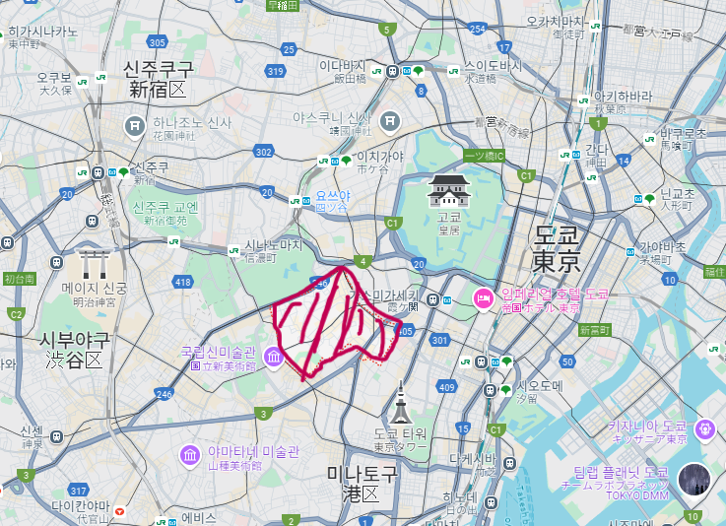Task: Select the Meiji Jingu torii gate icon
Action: click(x=96, y=264)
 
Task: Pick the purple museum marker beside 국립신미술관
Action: click(x=274, y=359)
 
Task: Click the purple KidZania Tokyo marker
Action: click(x=704, y=429)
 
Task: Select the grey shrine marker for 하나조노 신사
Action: click(x=135, y=126)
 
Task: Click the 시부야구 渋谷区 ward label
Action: click(x=74, y=350)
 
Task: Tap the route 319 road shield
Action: click(x=275, y=72)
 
